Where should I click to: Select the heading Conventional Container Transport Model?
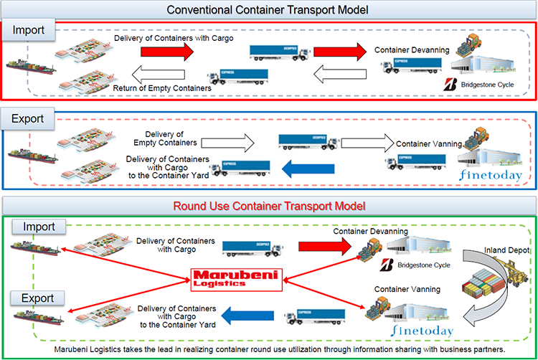click(x=269, y=9)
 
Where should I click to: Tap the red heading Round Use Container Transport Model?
click(x=269, y=206)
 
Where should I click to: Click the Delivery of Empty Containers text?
click(x=165, y=138)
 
